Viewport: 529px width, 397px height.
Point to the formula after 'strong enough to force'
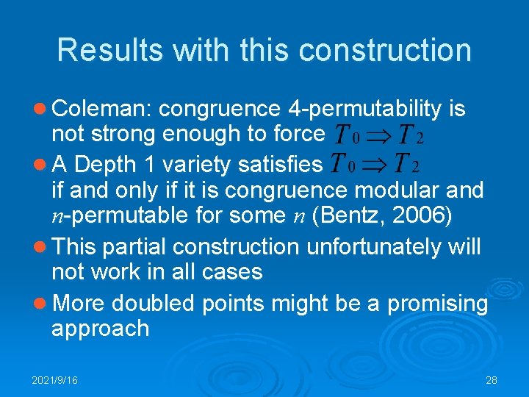(378, 135)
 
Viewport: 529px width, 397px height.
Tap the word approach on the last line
(100, 328)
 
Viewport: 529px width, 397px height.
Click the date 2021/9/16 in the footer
(55, 380)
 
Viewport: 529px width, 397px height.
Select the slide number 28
(492, 380)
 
